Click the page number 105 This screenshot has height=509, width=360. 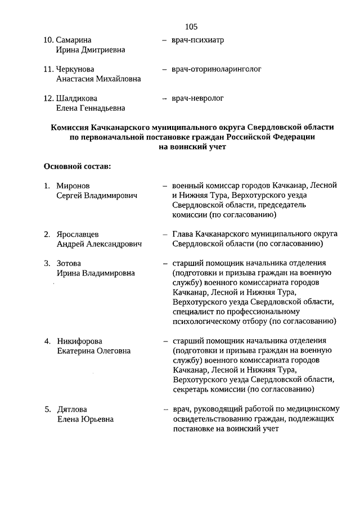tap(191, 26)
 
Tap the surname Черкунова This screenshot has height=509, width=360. tap(75, 69)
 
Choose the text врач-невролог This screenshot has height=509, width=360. tap(197, 98)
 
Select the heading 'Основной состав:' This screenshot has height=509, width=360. tap(77, 166)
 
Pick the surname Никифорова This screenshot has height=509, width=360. tap(80, 341)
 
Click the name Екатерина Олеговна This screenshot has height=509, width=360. tap(93, 351)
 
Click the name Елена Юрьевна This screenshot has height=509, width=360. tap(85, 419)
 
